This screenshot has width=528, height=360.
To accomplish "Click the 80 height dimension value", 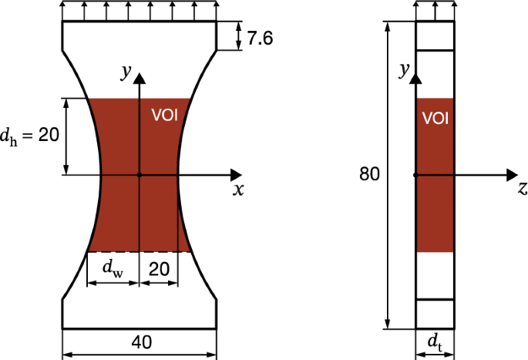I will [x=370, y=175].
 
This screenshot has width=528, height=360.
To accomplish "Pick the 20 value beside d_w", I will [x=159, y=269].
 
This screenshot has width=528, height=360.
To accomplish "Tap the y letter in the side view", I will [x=402, y=70].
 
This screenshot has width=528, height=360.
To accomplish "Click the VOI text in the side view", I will [x=436, y=119].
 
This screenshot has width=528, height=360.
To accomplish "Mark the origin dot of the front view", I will [x=140, y=176].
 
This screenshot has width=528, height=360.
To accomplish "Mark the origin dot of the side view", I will [x=416, y=176].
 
